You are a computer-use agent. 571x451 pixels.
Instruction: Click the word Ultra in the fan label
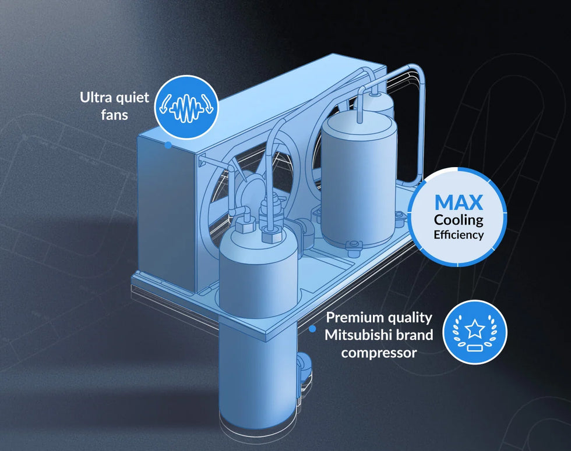tap(96, 98)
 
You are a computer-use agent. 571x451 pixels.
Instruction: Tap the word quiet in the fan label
tap(132, 98)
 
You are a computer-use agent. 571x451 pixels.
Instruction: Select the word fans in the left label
tap(114, 115)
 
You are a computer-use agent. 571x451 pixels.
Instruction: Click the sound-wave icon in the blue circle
tap(186, 108)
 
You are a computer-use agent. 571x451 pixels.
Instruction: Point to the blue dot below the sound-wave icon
tap(168, 145)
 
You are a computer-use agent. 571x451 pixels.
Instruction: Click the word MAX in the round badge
tap(459, 203)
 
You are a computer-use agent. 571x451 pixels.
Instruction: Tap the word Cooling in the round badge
tap(459, 221)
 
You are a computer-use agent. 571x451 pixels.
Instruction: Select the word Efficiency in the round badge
tap(459, 235)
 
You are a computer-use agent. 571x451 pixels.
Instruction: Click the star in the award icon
tap(475, 328)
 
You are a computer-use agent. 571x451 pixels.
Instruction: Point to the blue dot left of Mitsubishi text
tap(312, 329)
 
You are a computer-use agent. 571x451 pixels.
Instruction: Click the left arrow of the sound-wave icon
tap(164, 104)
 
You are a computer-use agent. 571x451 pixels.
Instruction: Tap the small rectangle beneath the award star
tap(475, 348)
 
